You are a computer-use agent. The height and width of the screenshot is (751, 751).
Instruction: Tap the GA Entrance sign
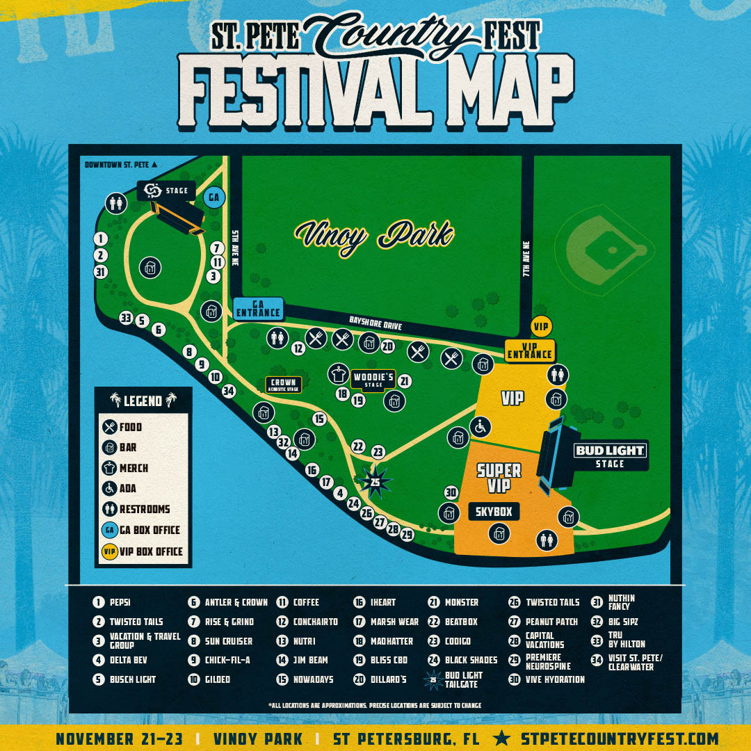[x=258, y=308]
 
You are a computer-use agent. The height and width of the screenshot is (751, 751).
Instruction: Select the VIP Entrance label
[x=529, y=350]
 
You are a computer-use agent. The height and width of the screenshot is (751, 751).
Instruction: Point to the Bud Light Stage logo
[x=610, y=451]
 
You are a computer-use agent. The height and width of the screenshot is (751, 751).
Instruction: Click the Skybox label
[x=494, y=512]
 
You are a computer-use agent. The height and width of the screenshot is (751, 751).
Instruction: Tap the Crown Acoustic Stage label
[x=283, y=385]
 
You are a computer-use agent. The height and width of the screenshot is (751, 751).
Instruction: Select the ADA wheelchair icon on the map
[x=480, y=426]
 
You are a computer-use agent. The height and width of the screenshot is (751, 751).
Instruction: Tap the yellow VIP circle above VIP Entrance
[x=540, y=325]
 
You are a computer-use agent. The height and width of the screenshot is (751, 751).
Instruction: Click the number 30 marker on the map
[x=451, y=493]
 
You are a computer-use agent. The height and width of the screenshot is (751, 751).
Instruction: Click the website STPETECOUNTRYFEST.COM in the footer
[x=619, y=738]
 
